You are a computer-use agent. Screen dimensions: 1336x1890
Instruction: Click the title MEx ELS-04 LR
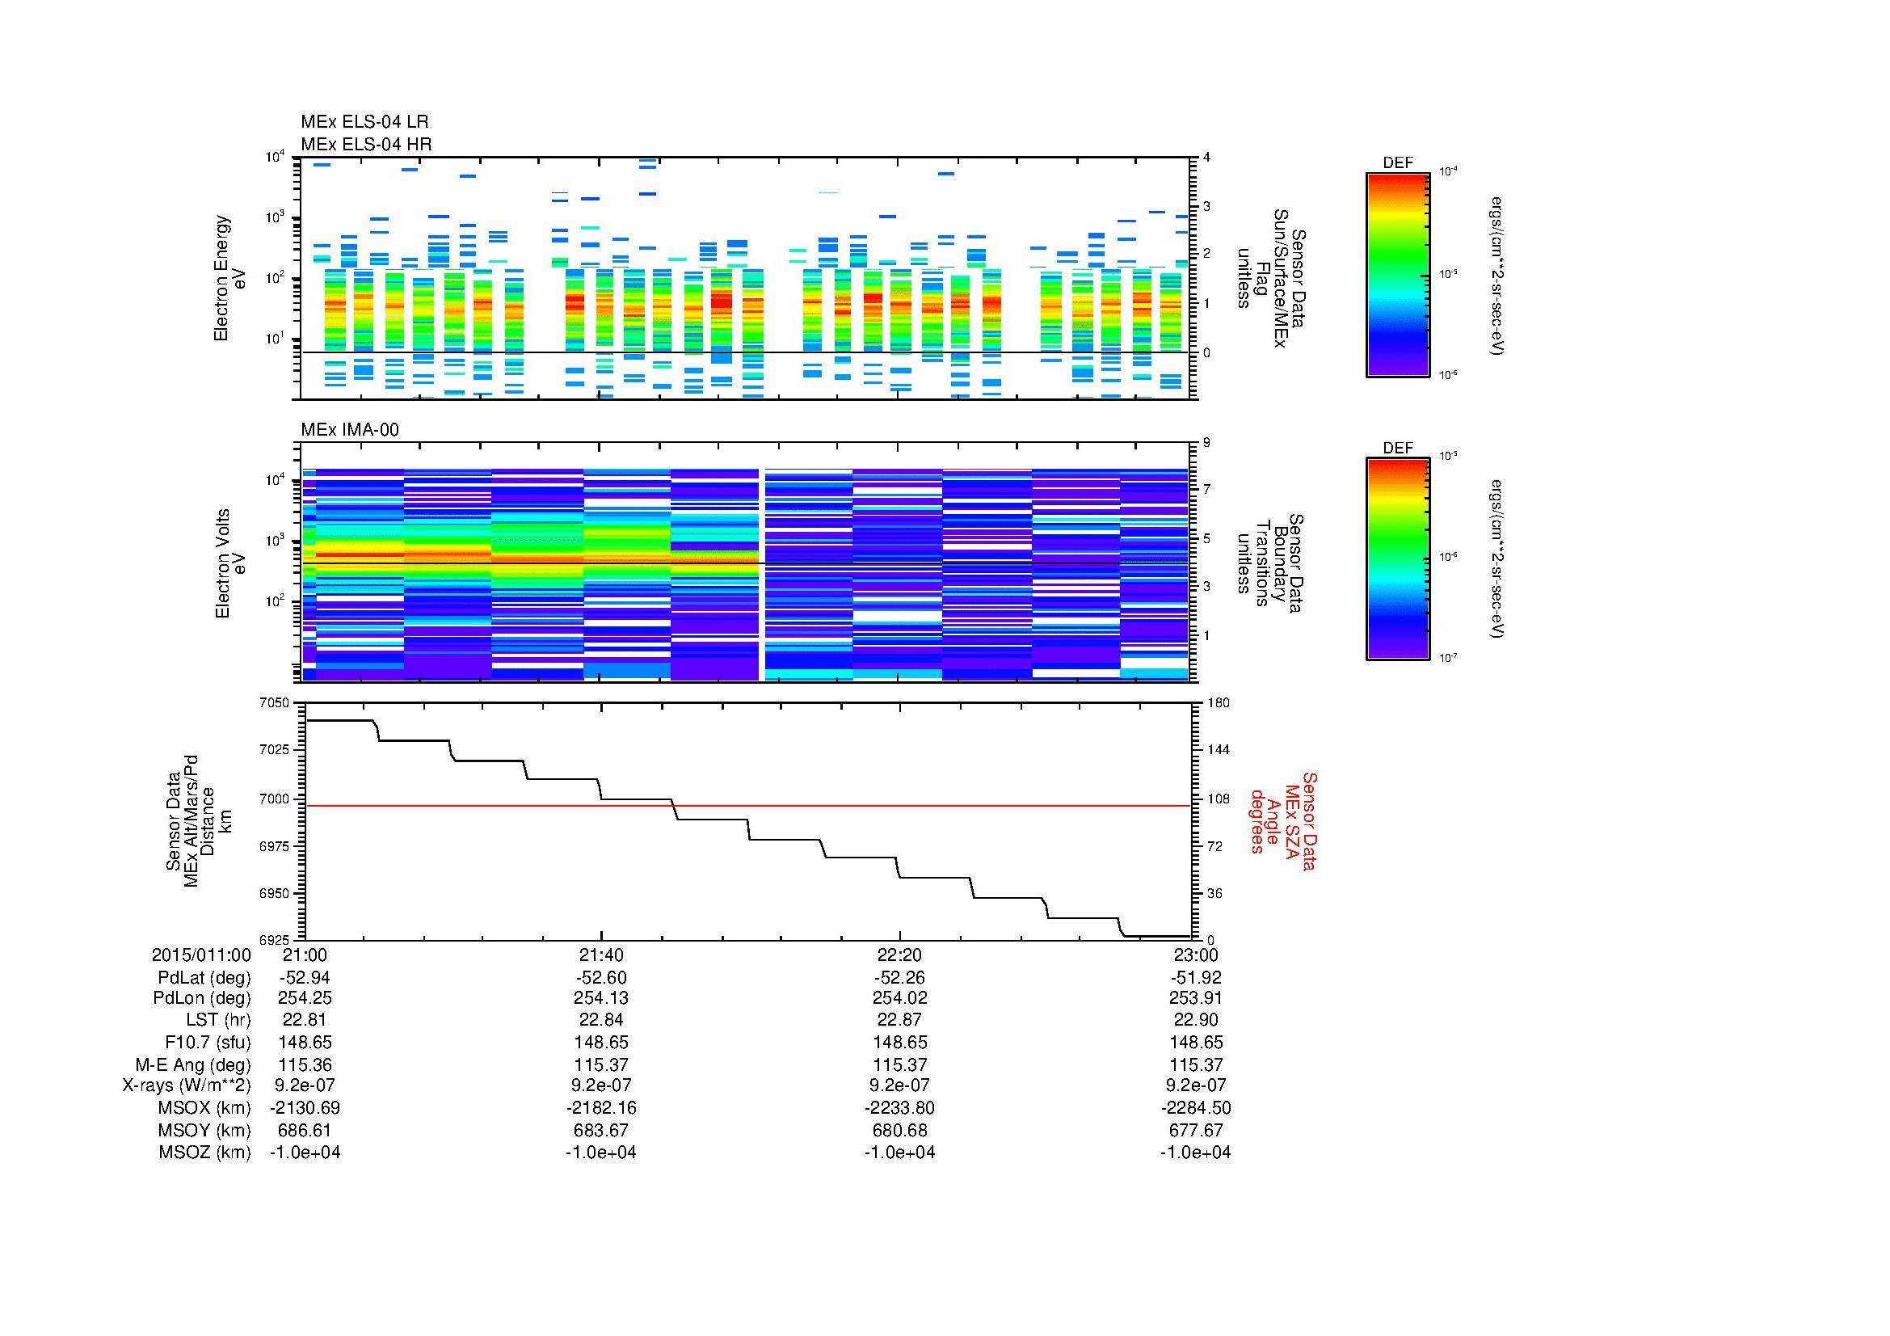[364, 122]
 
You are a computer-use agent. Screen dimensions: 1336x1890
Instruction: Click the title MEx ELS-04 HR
[366, 144]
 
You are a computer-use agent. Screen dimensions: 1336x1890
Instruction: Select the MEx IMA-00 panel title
[350, 430]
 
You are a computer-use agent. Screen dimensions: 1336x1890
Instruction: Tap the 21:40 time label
[601, 955]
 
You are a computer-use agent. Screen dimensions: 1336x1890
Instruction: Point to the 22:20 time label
[899, 955]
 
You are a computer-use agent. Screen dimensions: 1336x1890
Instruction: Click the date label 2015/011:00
[201, 955]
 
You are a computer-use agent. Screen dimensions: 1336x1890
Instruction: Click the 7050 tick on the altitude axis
[274, 703]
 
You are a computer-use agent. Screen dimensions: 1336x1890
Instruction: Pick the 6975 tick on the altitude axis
[274, 846]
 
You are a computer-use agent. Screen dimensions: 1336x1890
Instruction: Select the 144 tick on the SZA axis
[1219, 750]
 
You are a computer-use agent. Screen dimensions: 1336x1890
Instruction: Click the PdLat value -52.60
[601, 977]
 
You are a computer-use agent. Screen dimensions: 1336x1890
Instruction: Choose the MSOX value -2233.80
[899, 1108]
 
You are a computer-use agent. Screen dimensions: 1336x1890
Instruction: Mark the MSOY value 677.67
[1195, 1130]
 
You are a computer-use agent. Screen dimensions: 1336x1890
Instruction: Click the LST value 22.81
[305, 1020]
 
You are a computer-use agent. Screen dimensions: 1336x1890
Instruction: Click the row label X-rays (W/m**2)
[186, 1085]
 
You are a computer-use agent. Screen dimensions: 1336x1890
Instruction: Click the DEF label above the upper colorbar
[1398, 163]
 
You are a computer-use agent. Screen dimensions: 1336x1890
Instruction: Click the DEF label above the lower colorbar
[1398, 449]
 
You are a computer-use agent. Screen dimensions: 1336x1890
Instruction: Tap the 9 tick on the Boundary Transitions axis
[1206, 443]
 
